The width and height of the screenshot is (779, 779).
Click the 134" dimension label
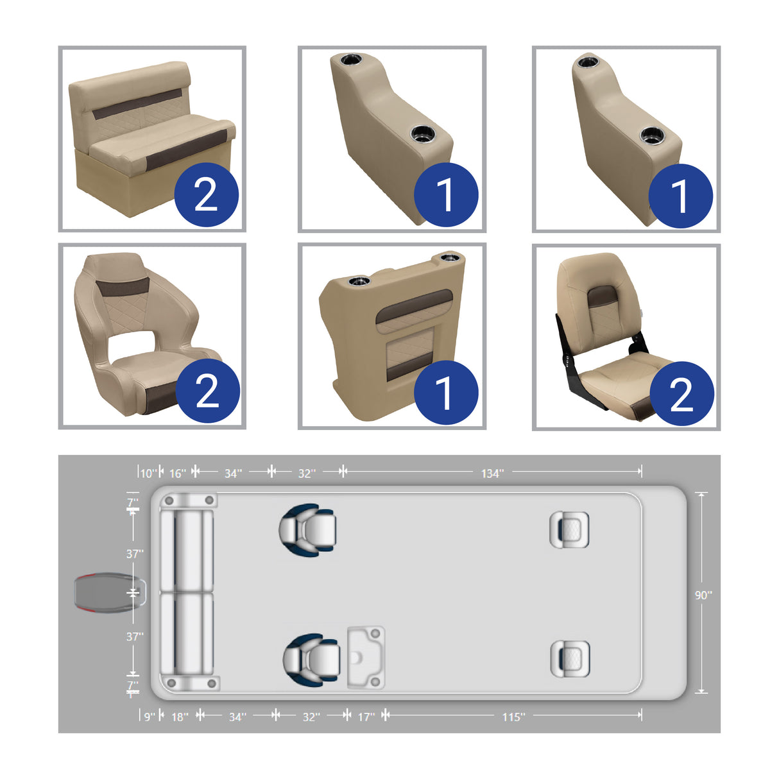pyautogui.click(x=492, y=474)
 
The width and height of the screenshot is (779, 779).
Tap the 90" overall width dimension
pyautogui.click(x=703, y=595)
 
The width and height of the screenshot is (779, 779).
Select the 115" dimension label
pyautogui.click(x=513, y=717)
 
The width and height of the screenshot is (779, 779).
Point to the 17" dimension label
pyautogui.click(x=366, y=717)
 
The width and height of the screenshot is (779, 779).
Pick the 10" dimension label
pyautogui.click(x=148, y=474)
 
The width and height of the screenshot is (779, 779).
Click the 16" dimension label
pyautogui.click(x=178, y=474)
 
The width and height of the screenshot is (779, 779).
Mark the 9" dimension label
pyautogui.click(x=149, y=717)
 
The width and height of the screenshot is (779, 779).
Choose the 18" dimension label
pyautogui.click(x=180, y=717)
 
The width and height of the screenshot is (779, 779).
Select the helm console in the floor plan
pyautogui.click(x=366, y=657)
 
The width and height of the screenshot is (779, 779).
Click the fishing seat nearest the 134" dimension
pyautogui.click(x=569, y=529)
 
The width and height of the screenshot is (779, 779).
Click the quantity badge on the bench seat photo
pyautogui.click(x=206, y=194)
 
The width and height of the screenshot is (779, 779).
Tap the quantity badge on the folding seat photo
pyautogui.click(x=681, y=393)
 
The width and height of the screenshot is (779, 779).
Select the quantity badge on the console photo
pyautogui.click(x=445, y=391)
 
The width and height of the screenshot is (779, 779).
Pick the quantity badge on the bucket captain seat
pyautogui.click(x=207, y=391)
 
